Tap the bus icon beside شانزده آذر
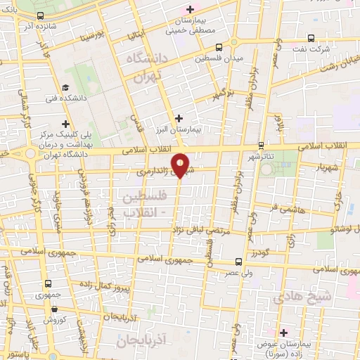pos(40,15)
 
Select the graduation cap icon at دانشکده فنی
pos(65,87)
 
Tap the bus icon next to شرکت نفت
pos(311,40)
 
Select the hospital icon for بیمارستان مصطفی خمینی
pos(189,9)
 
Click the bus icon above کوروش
pos(49,284)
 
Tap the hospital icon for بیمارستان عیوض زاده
pos(283,332)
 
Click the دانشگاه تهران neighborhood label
pos(148,70)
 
